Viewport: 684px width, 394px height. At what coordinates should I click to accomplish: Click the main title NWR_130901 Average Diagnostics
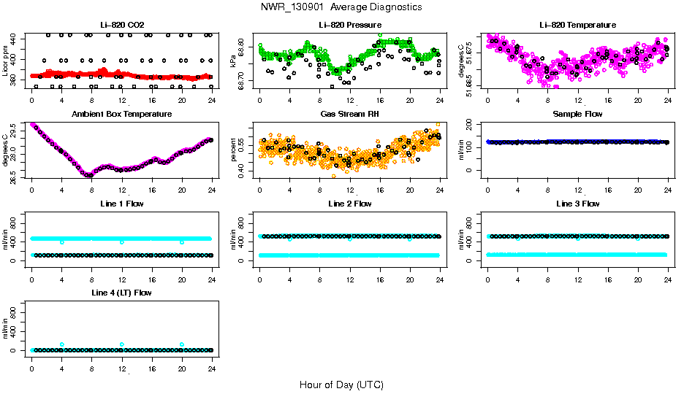click(x=341, y=7)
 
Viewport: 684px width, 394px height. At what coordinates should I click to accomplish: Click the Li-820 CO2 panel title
click(x=122, y=25)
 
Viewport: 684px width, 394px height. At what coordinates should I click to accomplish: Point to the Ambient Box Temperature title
click(x=122, y=115)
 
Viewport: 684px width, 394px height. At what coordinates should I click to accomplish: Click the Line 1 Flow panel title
click(x=122, y=204)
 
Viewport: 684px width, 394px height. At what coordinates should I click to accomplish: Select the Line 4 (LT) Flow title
click(x=122, y=293)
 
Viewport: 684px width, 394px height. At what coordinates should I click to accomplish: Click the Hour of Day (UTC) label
click(x=341, y=385)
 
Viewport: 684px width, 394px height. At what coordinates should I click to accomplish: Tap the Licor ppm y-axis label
click(x=6, y=61)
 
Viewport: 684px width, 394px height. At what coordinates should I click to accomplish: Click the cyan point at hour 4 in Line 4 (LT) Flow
click(x=62, y=344)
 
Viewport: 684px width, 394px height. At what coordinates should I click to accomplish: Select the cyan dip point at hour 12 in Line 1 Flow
click(x=122, y=242)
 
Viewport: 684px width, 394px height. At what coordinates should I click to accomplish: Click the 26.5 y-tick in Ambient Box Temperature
click(x=15, y=175)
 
